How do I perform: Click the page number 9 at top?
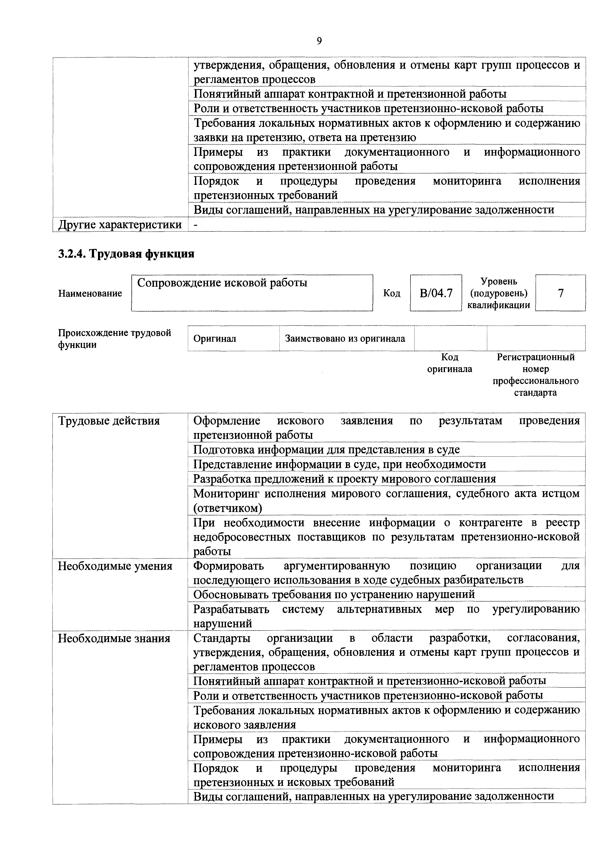point(319,41)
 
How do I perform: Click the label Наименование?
point(90,293)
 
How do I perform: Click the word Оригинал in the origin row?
point(215,339)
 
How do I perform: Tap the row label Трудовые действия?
point(109,421)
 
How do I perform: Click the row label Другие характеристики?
point(120,225)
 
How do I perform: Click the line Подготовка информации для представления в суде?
point(326,450)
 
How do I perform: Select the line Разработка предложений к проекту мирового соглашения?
point(345,479)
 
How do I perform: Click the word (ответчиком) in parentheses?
point(227,508)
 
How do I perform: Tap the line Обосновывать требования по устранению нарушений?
point(334,594)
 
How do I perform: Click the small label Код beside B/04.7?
point(391,293)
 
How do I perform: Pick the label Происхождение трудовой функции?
point(114,339)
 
